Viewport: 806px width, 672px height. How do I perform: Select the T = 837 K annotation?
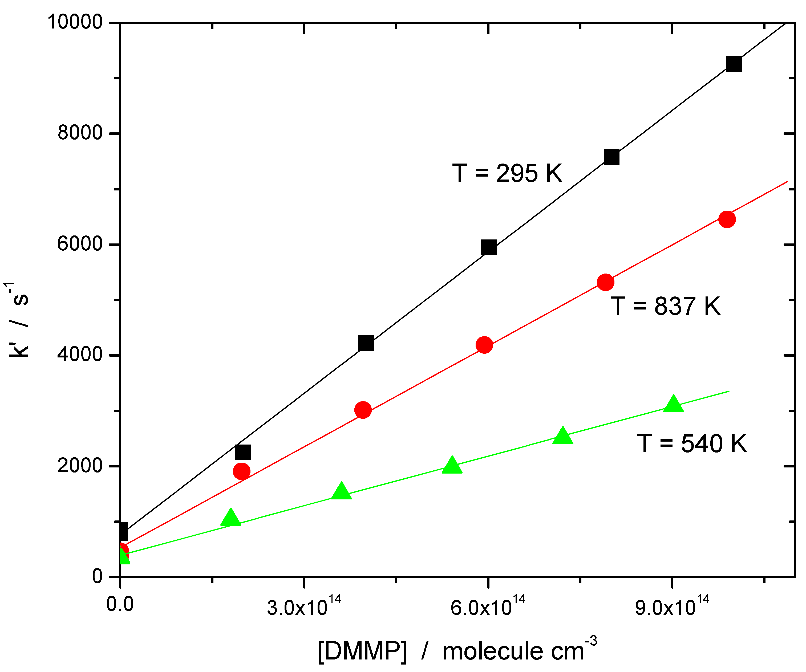pyautogui.click(x=665, y=306)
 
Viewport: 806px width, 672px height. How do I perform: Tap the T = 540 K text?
pyautogui.click(x=692, y=444)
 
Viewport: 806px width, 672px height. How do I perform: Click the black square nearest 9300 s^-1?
pyautogui.click(x=734, y=64)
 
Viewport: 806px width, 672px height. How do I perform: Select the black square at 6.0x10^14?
pyautogui.click(x=488, y=248)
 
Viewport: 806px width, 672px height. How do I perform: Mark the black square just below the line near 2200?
pyautogui.click(x=242, y=453)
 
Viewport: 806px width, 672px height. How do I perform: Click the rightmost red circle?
pyautogui.click(x=727, y=219)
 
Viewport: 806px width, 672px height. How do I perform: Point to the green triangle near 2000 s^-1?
pyautogui.click(x=452, y=466)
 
